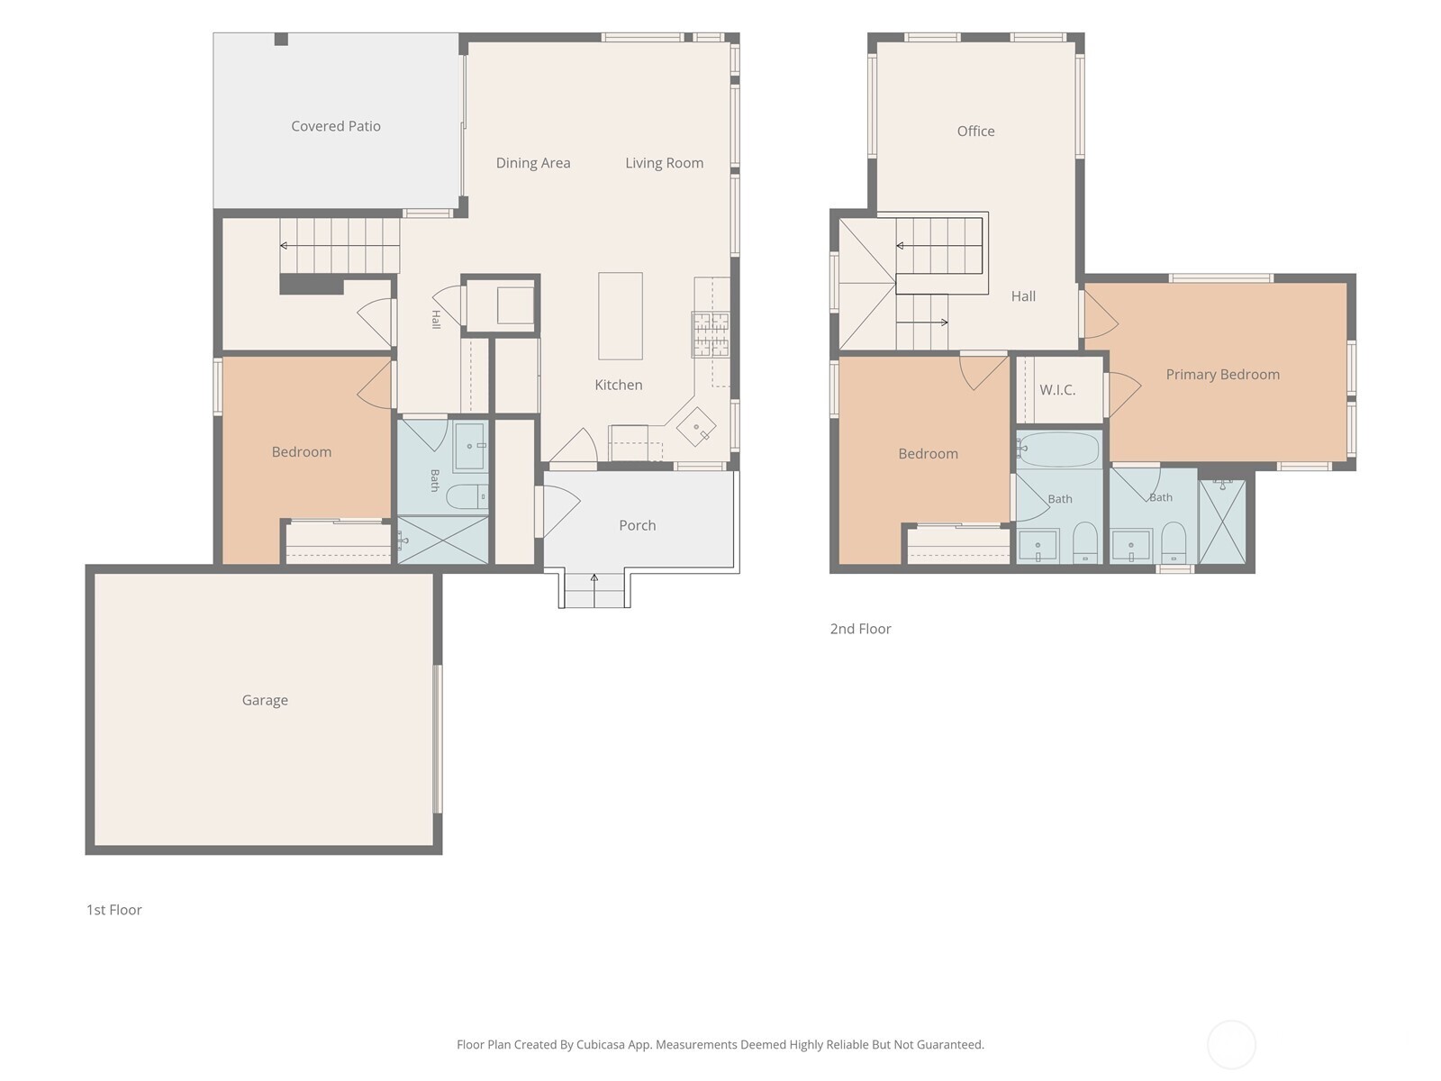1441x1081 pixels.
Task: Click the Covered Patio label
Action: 335,126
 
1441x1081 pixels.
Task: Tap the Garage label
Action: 265,700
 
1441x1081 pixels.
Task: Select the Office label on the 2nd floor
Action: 975,132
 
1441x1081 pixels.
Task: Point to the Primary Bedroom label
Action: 1222,374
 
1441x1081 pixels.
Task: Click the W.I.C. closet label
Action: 1057,390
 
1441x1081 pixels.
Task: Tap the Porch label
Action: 637,525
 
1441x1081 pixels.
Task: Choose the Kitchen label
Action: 619,385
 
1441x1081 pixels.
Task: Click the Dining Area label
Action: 533,163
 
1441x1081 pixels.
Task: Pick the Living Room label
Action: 665,163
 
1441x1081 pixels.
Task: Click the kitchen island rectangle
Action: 621,315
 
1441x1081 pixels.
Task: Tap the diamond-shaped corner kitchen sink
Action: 696,427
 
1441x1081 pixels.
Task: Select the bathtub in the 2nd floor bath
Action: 1057,449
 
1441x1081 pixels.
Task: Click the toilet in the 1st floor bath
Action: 467,496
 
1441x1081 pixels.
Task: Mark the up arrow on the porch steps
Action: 594,590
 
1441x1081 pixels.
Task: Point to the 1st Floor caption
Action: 114,910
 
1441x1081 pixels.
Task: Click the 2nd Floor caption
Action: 861,629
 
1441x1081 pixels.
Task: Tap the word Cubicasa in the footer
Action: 601,1045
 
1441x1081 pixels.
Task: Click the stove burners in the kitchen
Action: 711,334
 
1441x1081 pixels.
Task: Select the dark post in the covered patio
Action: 281,40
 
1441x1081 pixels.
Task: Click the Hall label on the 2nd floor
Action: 1023,296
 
